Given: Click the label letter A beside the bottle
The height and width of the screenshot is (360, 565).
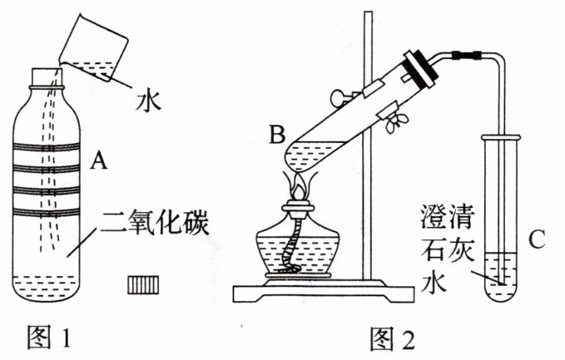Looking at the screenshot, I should (x=99, y=163).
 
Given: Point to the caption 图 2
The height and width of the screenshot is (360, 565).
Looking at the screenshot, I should (x=390, y=340).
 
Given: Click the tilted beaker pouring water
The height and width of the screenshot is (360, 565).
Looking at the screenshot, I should (x=97, y=49).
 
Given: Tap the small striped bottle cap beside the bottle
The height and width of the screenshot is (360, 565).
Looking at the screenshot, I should (x=142, y=284).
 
